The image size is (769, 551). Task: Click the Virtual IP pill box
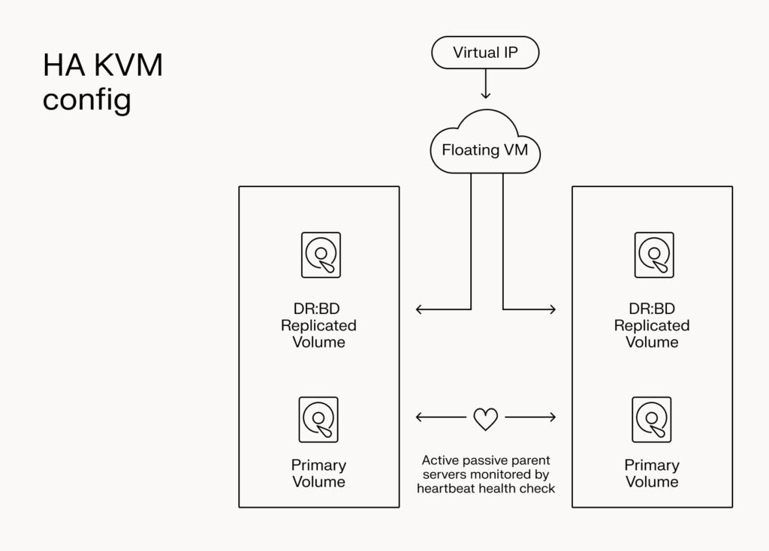pyautogui.click(x=485, y=53)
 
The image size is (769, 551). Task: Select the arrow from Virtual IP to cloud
pyautogui.click(x=485, y=84)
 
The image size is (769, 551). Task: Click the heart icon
pyautogui.click(x=485, y=419)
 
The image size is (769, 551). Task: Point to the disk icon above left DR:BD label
pyautogui.click(x=321, y=255)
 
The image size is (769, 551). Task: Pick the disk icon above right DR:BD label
pyautogui.click(x=653, y=255)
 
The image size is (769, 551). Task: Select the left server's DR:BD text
pyautogui.click(x=318, y=309)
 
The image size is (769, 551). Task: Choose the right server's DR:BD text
pyautogui.click(x=652, y=309)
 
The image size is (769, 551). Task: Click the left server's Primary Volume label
pyautogui.click(x=318, y=473)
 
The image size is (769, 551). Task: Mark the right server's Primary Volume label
pyautogui.click(x=652, y=473)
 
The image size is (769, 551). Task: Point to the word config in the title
pyautogui.click(x=86, y=99)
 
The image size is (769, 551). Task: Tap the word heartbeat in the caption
pyautogui.click(x=444, y=489)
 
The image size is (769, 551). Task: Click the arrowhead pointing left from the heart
pyautogui.click(x=418, y=417)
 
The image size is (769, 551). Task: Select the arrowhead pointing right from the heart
pyautogui.click(x=553, y=417)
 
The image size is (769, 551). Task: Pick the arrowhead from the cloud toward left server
pyautogui.click(x=418, y=309)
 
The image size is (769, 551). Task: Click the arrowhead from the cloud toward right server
pyautogui.click(x=553, y=309)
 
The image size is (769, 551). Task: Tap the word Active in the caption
pyautogui.click(x=439, y=459)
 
